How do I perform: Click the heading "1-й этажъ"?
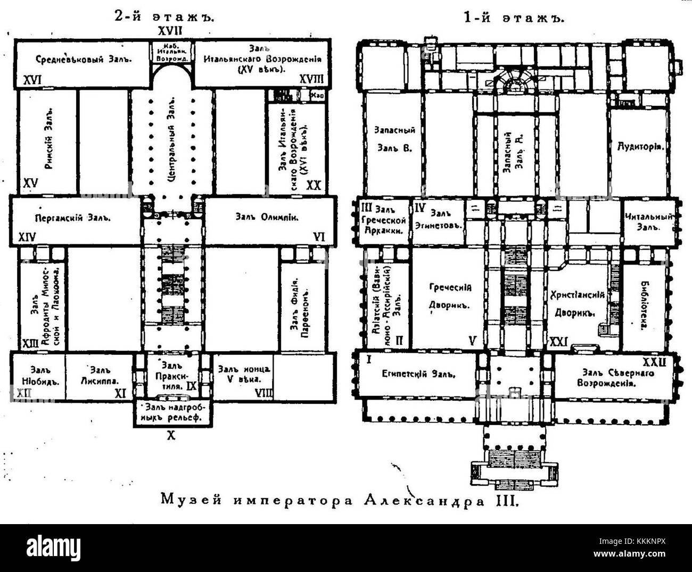[513, 18]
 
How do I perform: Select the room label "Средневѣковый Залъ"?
[84, 59]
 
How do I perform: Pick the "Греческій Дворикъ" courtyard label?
[450, 297]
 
